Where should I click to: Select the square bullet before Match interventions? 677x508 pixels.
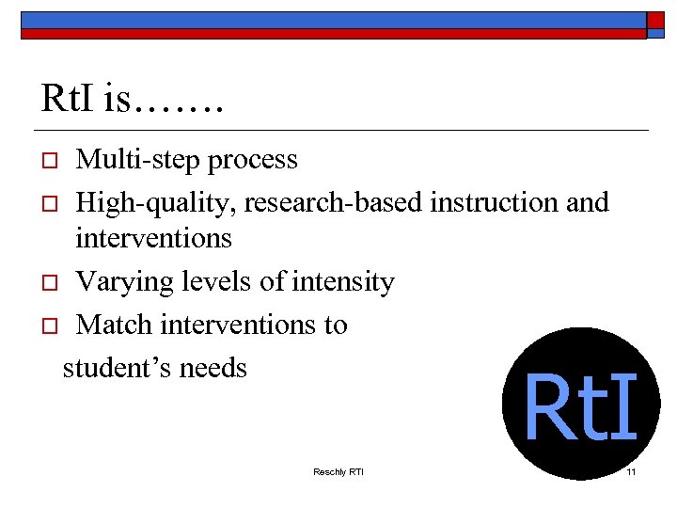[49, 326]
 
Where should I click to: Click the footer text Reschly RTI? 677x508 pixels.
[338, 471]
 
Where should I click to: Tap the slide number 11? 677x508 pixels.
[631, 471]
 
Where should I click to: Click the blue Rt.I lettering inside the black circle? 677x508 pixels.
[580, 408]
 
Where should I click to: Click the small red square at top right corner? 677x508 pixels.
[655, 22]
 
